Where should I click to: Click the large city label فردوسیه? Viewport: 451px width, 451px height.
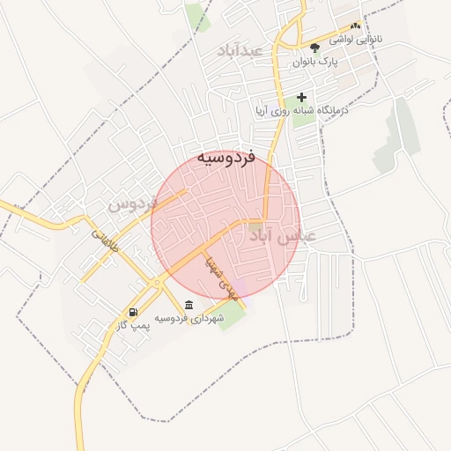coord(225,157)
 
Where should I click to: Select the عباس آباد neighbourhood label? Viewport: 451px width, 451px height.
coord(282,238)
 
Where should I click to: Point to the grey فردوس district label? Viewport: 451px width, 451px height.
coord(132,203)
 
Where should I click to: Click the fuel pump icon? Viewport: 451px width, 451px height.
coord(133,312)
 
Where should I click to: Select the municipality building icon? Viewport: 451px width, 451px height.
coord(189,305)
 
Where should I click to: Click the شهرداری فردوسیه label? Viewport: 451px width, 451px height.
coord(189,318)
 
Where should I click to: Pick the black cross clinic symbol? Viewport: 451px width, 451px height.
coord(302,98)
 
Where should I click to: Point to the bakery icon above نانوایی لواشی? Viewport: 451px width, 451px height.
coord(355,26)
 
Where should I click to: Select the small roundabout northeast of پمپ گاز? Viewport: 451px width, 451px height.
coord(156,283)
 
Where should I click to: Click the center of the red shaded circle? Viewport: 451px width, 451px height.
coord(225,225)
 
